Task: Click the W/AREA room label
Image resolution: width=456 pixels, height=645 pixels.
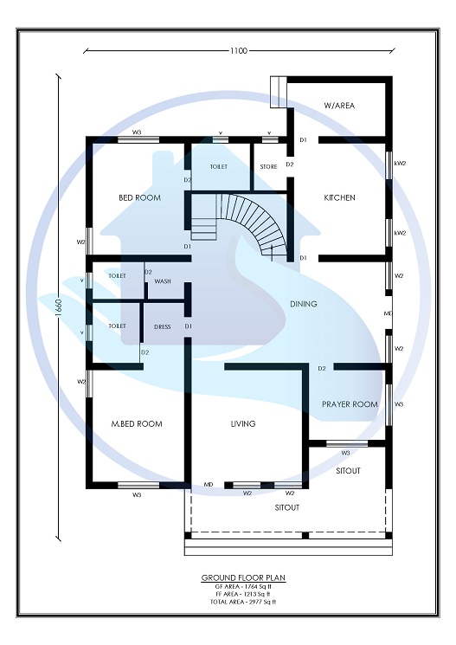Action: [x=339, y=106]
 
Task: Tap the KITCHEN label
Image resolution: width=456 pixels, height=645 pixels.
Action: [x=339, y=197]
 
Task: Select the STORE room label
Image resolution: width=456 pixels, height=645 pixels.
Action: [x=268, y=167]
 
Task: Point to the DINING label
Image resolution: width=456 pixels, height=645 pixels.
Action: [x=303, y=304]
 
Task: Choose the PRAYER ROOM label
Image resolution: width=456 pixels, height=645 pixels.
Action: [x=350, y=404]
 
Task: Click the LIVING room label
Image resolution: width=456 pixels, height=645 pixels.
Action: [x=243, y=424]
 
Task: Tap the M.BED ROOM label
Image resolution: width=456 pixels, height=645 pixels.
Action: [x=137, y=424]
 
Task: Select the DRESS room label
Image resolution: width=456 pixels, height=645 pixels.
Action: [x=162, y=327]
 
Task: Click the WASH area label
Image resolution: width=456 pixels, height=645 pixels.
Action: [x=162, y=281]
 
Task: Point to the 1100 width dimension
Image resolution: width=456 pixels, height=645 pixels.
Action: [x=239, y=51]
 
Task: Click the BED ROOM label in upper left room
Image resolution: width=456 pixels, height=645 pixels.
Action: [x=139, y=197]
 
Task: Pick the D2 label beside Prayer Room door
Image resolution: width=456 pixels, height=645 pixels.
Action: [x=321, y=369]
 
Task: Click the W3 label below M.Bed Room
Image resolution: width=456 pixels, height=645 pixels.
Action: [x=137, y=495]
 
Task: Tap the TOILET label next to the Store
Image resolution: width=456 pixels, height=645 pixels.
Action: [x=218, y=167]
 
